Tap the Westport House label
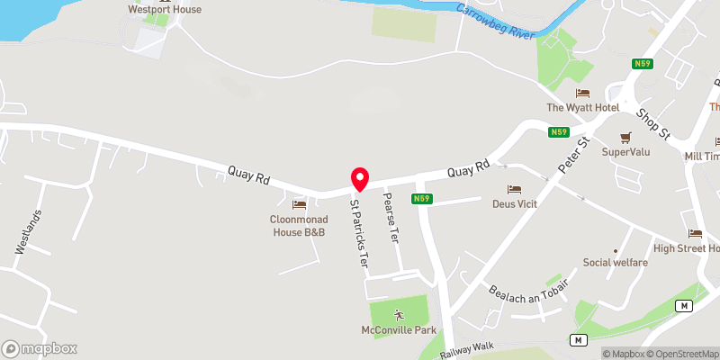[x=165, y=10]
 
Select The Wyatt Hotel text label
[x=583, y=108]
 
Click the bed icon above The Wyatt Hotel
[x=583, y=93]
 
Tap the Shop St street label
[x=653, y=124]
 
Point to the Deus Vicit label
[x=515, y=204]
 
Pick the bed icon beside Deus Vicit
[x=515, y=189]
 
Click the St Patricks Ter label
[x=359, y=233]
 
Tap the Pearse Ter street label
[x=391, y=218]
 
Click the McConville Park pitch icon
[x=399, y=314]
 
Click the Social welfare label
[x=616, y=263]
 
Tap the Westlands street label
[x=30, y=231]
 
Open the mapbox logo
[x=40, y=348]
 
